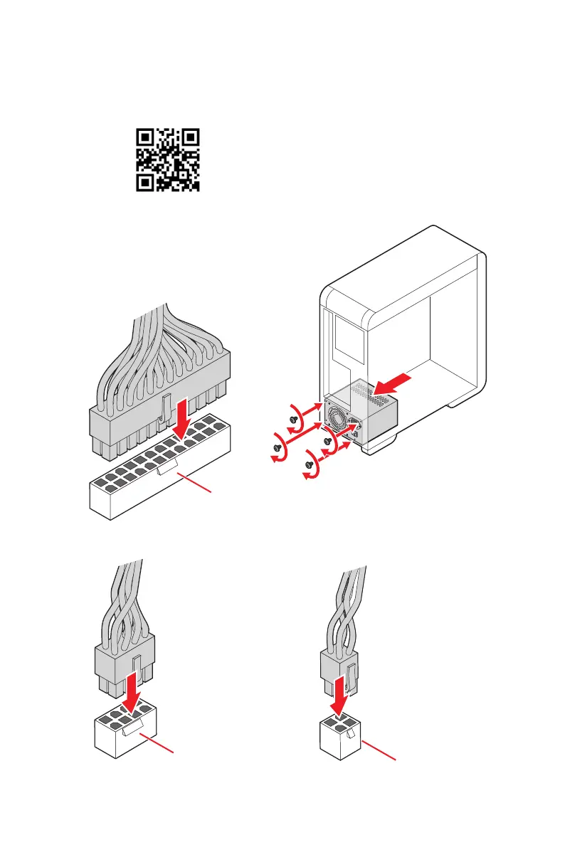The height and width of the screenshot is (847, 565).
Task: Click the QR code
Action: tap(167, 160)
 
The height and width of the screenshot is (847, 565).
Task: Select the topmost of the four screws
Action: tap(294, 420)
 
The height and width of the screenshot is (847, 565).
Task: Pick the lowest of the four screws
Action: tap(309, 464)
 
